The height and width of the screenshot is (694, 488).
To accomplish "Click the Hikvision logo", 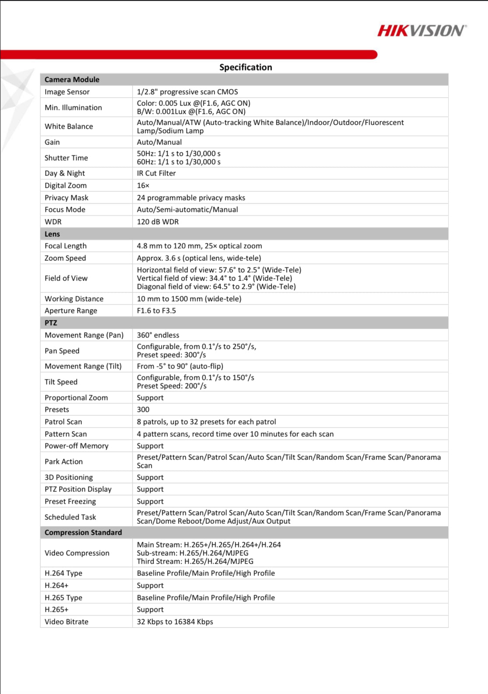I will point(422,31).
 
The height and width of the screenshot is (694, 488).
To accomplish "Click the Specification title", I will point(245,67).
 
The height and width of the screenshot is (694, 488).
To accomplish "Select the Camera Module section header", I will point(72,80).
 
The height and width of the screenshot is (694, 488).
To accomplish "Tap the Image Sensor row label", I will point(67,92).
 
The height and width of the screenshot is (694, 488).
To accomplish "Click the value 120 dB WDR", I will point(157,222).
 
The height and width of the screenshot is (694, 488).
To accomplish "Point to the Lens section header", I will point(52,234).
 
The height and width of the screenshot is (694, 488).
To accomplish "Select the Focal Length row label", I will point(66,246).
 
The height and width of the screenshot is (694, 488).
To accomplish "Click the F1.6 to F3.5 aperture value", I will point(156,311).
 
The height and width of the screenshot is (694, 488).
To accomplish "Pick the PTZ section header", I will point(51,323).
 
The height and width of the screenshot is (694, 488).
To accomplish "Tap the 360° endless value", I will point(158,335).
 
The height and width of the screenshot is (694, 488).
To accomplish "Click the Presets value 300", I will point(143,410).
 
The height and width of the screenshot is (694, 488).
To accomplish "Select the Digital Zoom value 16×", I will point(143,186).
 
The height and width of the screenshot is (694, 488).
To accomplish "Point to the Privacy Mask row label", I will point(66,198).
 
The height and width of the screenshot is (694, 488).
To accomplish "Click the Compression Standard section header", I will point(83,533).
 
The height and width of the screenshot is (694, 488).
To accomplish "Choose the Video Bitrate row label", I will point(66,622).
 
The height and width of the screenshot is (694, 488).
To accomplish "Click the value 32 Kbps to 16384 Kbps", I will point(175,622).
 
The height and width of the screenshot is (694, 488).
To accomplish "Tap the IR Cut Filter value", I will point(156,173).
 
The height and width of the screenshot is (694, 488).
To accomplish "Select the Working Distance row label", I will point(74,299).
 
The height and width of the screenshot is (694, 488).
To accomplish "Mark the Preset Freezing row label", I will point(70,501).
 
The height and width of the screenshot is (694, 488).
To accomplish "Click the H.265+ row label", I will point(56,610).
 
